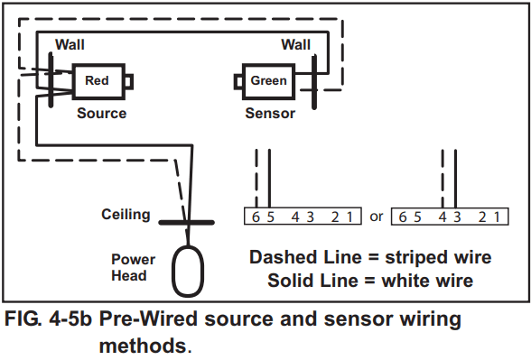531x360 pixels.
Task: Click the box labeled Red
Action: pos(97,81)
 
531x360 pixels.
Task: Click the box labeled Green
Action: pos(268,81)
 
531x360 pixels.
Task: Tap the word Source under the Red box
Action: pos(101,114)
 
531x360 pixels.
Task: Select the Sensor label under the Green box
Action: pos(270,114)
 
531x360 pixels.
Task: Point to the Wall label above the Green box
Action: pos(295,44)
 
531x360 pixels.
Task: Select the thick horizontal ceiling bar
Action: pos(187,221)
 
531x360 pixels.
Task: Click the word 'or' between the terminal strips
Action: pos(377,217)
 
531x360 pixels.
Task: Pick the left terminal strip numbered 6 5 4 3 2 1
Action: pos(303,217)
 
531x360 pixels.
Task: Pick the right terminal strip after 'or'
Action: pos(448,217)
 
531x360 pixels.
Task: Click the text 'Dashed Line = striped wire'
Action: pos(371,257)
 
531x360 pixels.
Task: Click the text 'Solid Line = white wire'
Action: pos(371,280)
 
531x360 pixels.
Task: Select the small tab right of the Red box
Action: pos(129,82)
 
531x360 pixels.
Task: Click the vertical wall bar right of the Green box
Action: pos(316,81)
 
